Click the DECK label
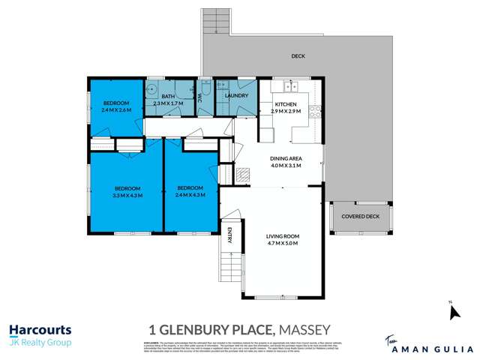point(298,56)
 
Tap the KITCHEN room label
point(286,104)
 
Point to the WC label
point(201,97)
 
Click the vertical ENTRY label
point(230,235)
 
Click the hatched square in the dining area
point(243,175)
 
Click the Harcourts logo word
point(40,328)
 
